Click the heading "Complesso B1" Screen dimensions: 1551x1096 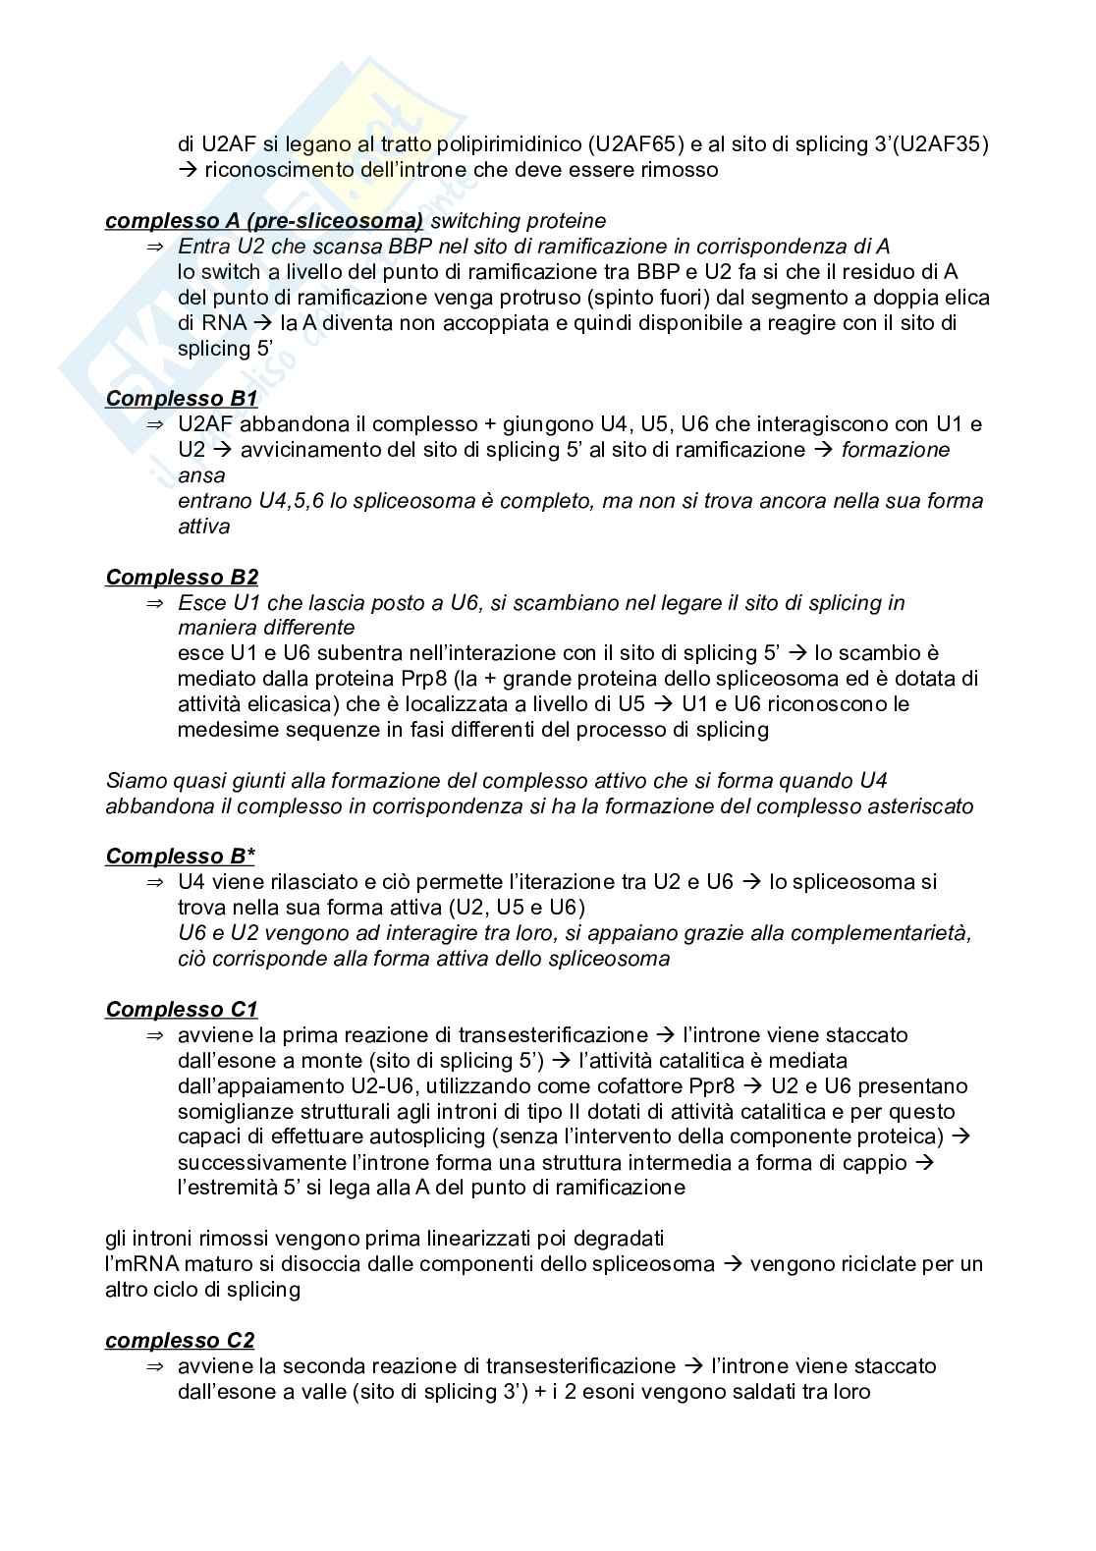[182, 399]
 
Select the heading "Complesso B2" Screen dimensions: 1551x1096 [182, 577]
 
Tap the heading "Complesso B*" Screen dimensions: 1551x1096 [181, 856]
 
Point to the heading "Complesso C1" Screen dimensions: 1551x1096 [182, 1009]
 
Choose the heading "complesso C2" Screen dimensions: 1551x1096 [180, 1340]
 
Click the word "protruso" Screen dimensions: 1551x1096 [529, 298]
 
